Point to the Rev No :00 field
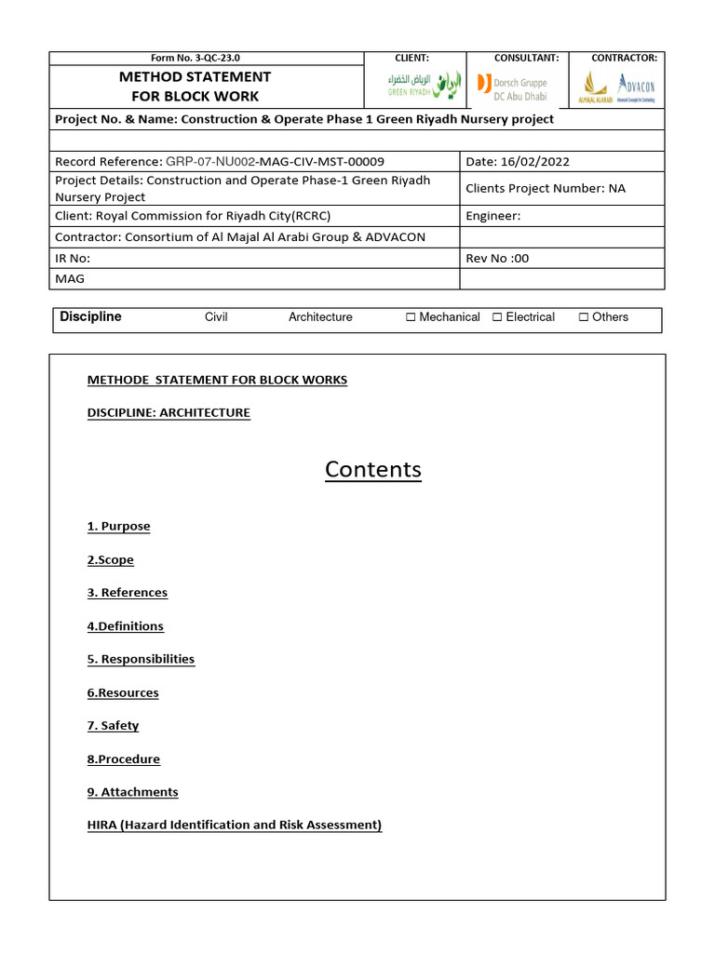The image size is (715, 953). tap(497, 258)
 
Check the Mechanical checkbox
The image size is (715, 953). tap(411, 317)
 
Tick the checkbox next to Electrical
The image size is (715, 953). tap(497, 317)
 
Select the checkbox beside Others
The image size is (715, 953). tap(584, 317)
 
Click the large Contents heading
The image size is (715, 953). tap(372, 470)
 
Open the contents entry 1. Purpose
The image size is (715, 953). tap(118, 527)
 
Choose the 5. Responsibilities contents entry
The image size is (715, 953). tap(141, 659)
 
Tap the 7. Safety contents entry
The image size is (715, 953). tap(113, 726)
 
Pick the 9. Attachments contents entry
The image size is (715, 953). tap(132, 792)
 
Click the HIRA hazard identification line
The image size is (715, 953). tap(235, 825)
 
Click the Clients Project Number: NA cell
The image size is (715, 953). tap(546, 189)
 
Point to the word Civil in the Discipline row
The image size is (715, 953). tap(216, 317)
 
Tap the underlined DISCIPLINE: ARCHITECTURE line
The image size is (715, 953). tap(169, 412)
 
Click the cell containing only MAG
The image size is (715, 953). tap(70, 278)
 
